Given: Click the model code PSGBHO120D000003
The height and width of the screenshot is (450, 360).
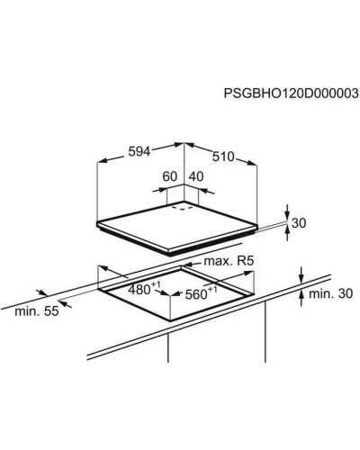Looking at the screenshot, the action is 291,94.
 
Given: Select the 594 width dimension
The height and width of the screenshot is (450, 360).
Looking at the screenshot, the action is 139,151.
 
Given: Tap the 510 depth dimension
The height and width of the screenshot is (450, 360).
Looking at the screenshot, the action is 223,157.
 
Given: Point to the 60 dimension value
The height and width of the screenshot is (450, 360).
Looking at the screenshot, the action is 170,176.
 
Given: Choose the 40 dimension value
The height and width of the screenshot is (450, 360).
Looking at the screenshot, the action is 196,176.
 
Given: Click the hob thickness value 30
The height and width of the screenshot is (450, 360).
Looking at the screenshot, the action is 299,223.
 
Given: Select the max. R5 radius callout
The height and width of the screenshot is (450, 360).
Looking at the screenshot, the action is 229,261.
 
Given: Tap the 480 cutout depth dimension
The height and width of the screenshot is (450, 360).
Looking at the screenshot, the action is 141,289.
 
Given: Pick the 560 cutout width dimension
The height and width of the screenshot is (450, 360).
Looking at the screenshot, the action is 201,293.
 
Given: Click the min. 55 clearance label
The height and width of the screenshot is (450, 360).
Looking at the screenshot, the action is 37,311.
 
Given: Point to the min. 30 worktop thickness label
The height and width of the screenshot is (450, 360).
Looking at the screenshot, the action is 330,293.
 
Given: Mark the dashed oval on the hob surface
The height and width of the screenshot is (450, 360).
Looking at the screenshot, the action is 182,207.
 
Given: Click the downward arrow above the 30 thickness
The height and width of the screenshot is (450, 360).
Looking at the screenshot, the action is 287,213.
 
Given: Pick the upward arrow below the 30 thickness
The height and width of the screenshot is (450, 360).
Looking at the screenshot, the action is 287,232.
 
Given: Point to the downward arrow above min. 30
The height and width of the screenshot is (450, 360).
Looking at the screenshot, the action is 301,274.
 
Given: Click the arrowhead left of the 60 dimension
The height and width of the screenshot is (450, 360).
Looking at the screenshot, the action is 162,190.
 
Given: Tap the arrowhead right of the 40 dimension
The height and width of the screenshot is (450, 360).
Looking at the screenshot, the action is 202,190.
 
